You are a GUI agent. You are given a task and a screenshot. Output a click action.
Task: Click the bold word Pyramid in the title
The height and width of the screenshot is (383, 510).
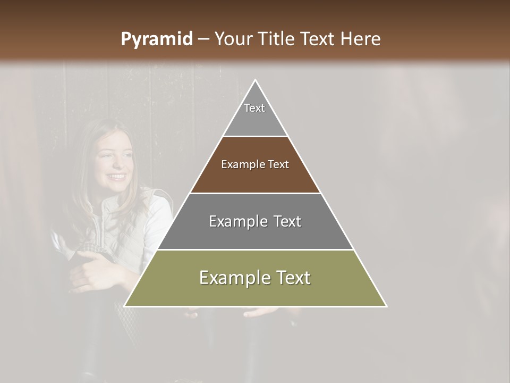pyautogui.click(x=156, y=39)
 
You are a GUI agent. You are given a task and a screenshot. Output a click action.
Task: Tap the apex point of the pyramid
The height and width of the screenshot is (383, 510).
pyautogui.click(x=255, y=80)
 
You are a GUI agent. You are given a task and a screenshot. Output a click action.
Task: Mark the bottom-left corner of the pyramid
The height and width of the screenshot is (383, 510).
pyautogui.click(x=125, y=306)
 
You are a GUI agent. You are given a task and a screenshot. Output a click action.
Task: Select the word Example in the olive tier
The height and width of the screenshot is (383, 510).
pyautogui.click(x=234, y=278)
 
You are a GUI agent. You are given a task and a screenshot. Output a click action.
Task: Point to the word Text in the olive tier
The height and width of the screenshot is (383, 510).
pyautogui.click(x=293, y=278)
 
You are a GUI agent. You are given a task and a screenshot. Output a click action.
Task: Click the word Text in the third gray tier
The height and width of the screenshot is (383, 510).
pyautogui.click(x=287, y=221)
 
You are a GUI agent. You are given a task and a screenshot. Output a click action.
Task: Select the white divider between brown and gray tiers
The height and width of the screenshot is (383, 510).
pyautogui.click(x=255, y=193)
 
